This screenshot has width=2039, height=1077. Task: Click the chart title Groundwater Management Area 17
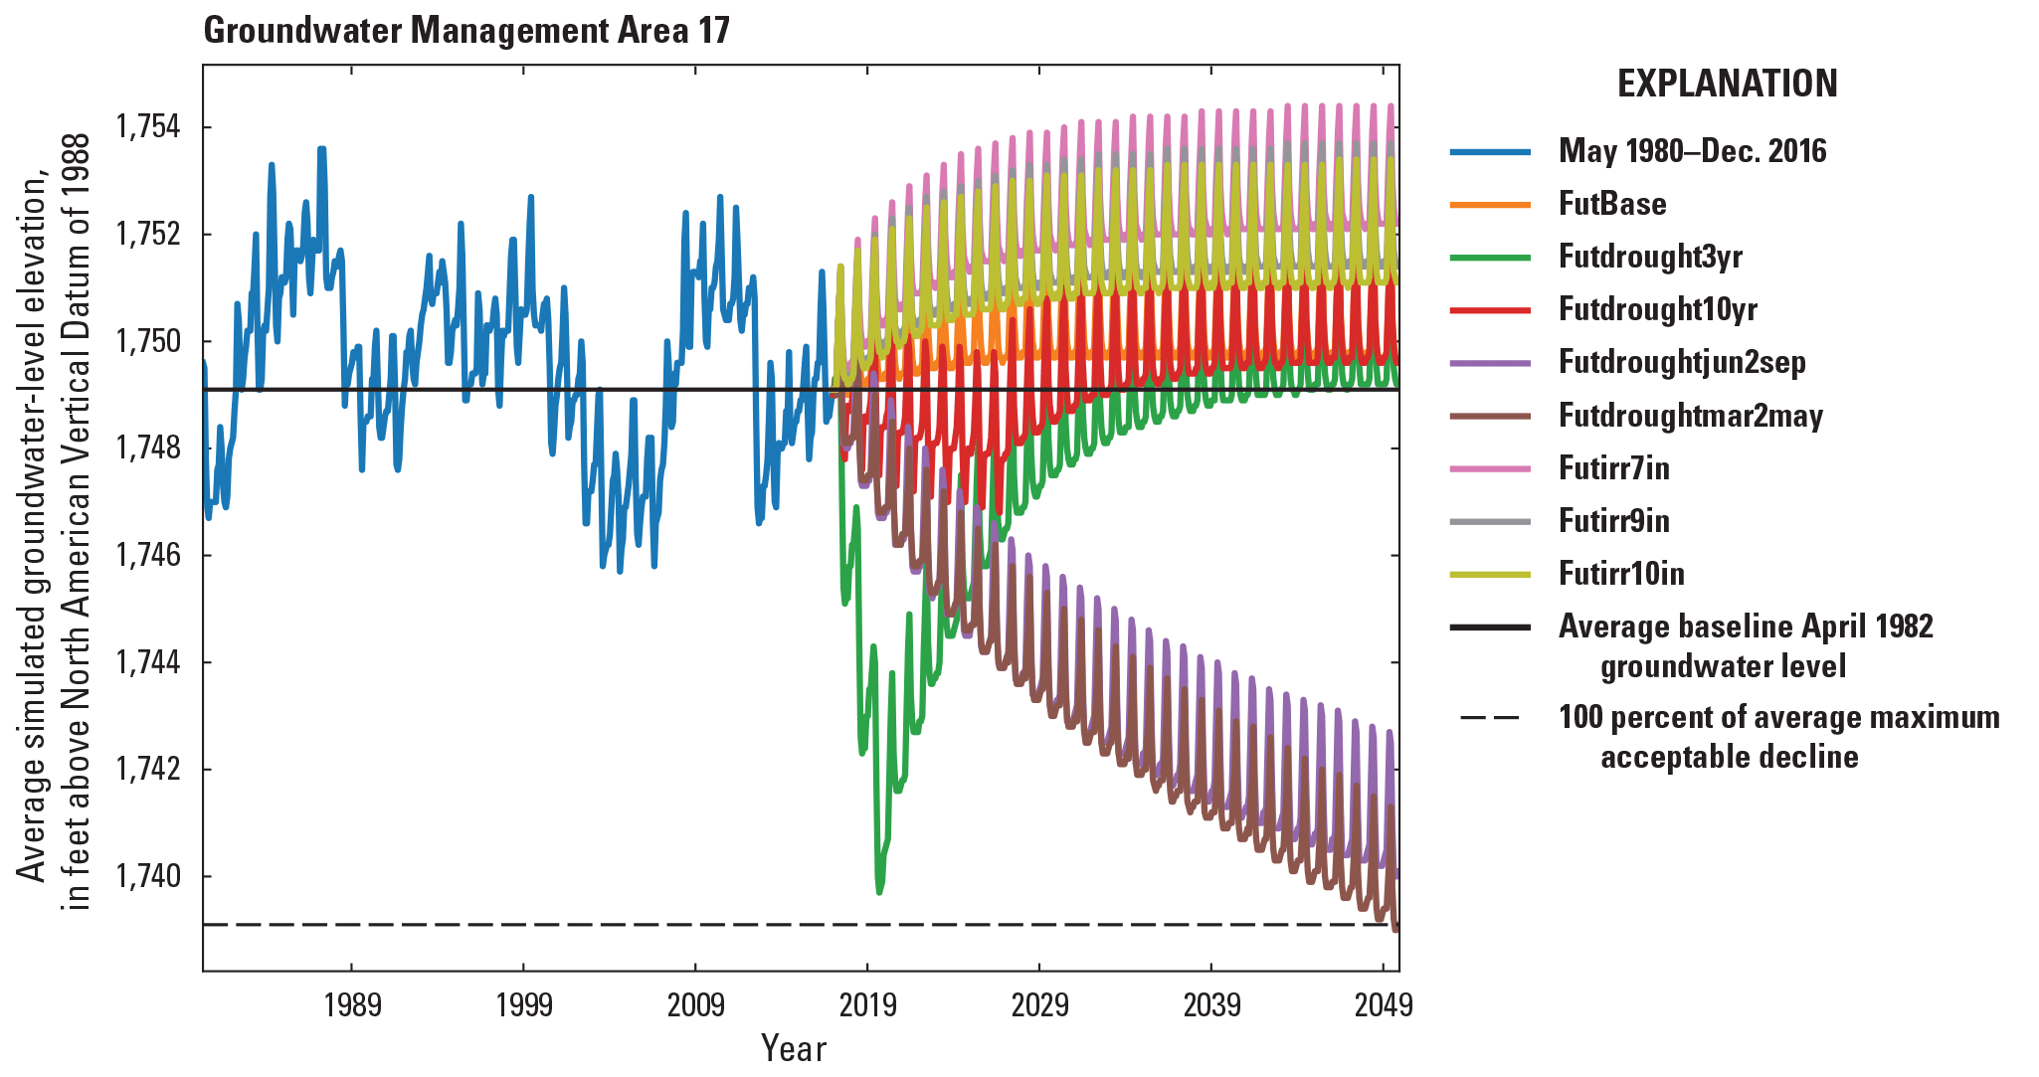pyautogui.click(x=466, y=31)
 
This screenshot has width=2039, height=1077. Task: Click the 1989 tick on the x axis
pyautogui.click(x=352, y=1005)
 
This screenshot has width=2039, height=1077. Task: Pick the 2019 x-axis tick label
pyautogui.click(x=867, y=1005)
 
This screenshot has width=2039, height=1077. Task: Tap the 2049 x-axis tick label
pyautogui.click(x=1384, y=1005)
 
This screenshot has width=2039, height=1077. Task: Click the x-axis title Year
pyautogui.click(x=793, y=1048)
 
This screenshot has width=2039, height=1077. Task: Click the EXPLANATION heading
pyautogui.click(x=1727, y=84)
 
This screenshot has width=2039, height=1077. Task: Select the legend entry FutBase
pyautogui.click(x=1612, y=204)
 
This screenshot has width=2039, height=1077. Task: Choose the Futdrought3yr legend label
pyautogui.click(x=1650, y=257)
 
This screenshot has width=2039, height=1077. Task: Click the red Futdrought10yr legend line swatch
pyautogui.click(x=1490, y=310)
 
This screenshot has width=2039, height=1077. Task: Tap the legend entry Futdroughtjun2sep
pyautogui.click(x=1682, y=362)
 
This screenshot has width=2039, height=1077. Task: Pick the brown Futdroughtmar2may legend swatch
pyautogui.click(x=1490, y=416)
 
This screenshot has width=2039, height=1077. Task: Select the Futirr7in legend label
pyautogui.click(x=1613, y=467)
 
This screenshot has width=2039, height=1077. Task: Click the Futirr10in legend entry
pyautogui.click(x=1621, y=574)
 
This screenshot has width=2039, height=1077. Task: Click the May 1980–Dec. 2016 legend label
pyautogui.click(x=1692, y=151)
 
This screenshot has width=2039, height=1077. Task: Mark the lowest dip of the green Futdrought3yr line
pyautogui.click(x=879, y=892)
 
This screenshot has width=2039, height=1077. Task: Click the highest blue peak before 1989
pyautogui.click(x=321, y=148)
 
